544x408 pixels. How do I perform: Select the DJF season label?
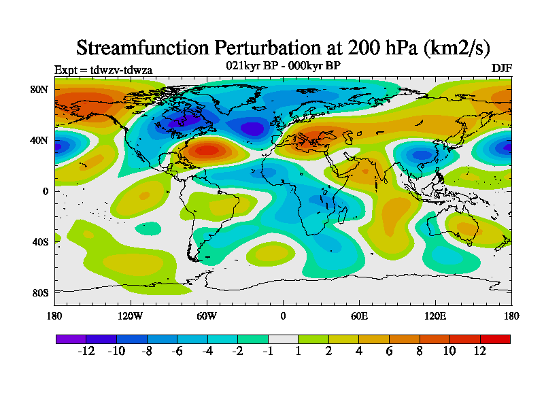coord(501,69)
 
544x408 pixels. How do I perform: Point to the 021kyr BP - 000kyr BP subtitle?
coord(283,65)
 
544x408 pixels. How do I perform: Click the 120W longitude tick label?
coord(130,316)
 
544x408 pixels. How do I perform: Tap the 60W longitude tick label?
coord(207,316)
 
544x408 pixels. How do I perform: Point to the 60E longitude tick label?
coord(359,316)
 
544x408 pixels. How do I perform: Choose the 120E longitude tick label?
coord(435,316)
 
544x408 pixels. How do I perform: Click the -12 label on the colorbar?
coord(86,351)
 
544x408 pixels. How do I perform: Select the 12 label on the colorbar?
coord(480,351)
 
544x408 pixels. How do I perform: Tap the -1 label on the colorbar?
coord(268,351)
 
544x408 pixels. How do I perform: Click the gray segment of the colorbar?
coord(283,339)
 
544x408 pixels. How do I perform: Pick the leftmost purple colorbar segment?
coord(71,339)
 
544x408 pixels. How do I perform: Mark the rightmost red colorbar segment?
coord(495,339)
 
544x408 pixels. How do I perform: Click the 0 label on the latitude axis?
coord(44,191)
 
